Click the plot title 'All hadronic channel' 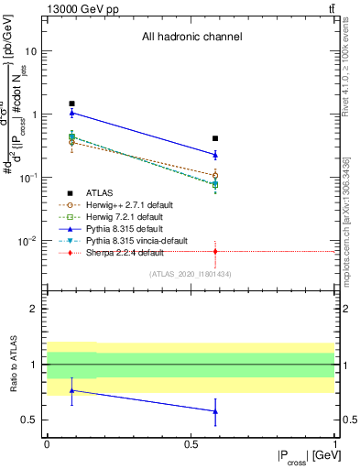pos(191,38)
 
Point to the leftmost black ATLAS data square pos(72,104)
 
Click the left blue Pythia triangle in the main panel pos(72,113)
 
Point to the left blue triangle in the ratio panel pos(72,390)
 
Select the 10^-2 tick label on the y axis pos(28,241)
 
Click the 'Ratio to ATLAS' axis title pos(15,365)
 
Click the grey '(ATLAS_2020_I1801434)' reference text pos(191,274)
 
